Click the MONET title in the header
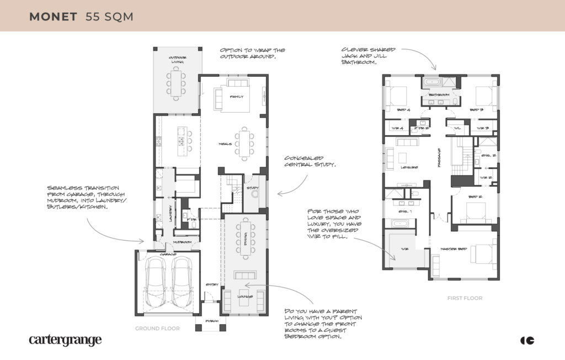pyautogui.click(x=54, y=16)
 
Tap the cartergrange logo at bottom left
pyautogui.click(x=65, y=340)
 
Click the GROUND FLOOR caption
pyautogui.click(x=158, y=328)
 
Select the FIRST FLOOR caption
pyautogui.click(x=465, y=298)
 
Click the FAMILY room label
pyautogui.click(x=237, y=97)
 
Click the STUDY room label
pyautogui.click(x=253, y=188)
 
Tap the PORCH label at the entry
pyautogui.click(x=211, y=321)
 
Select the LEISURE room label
pyautogui.click(x=409, y=167)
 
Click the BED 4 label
pyautogui.click(x=403, y=110)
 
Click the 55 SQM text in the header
pyautogui.click(x=109, y=16)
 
